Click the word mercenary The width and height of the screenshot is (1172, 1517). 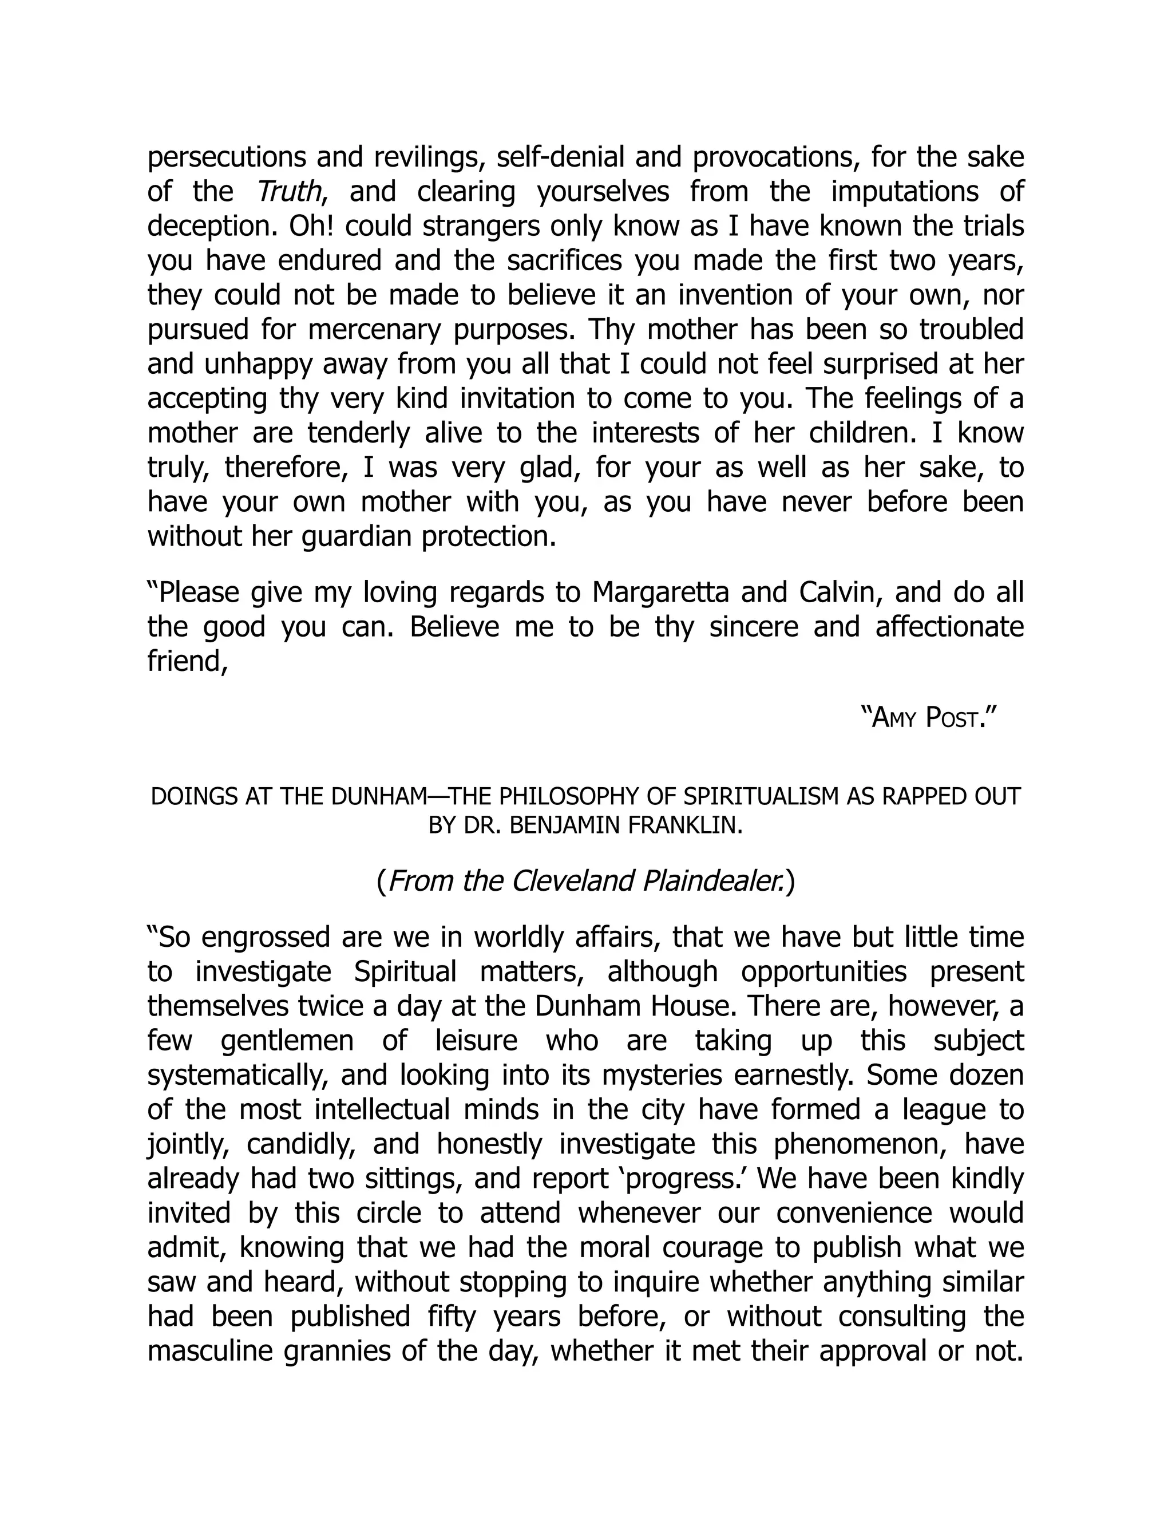tap(374, 330)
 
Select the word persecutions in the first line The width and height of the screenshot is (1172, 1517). tap(227, 157)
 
